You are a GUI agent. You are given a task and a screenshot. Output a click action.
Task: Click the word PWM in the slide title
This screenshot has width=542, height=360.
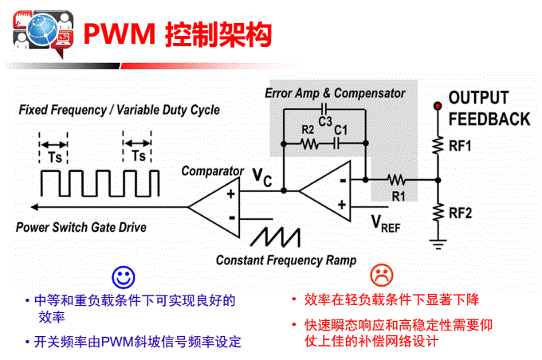[x=117, y=34]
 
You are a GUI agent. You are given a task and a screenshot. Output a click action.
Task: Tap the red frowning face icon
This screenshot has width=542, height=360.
[x=382, y=275]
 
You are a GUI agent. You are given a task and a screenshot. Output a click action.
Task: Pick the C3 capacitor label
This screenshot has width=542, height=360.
[x=324, y=121]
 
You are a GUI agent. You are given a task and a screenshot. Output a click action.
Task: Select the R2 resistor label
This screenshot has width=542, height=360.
[x=308, y=131]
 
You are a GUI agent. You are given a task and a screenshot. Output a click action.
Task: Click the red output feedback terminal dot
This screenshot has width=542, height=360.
[x=437, y=106]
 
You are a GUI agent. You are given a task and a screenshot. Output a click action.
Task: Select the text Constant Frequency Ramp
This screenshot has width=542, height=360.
[x=285, y=260]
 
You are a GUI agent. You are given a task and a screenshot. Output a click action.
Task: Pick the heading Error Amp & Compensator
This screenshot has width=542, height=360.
[x=334, y=93]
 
